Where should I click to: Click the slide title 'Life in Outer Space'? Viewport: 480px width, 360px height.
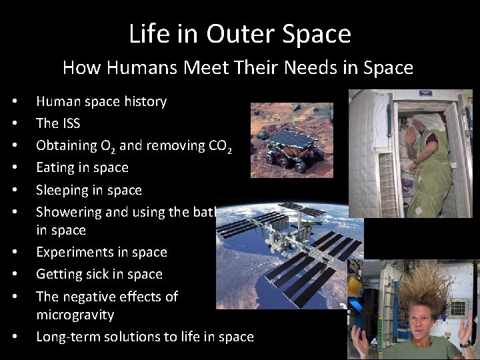(x=240, y=33)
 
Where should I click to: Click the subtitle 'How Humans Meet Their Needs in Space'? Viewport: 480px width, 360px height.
(x=238, y=67)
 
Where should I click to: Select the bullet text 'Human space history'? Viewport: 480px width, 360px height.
(x=101, y=101)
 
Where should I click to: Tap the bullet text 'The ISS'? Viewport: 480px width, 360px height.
(x=58, y=123)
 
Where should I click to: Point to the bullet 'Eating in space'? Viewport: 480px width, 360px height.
(x=82, y=167)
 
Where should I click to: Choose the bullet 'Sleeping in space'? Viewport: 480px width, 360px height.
(x=89, y=190)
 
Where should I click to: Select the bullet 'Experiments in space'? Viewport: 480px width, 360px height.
(x=101, y=252)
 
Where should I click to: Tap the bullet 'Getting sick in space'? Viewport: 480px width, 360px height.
(x=99, y=274)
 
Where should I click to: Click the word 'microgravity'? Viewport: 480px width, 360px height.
(x=75, y=314)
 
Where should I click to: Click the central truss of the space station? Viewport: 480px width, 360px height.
(x=293, y=247)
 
